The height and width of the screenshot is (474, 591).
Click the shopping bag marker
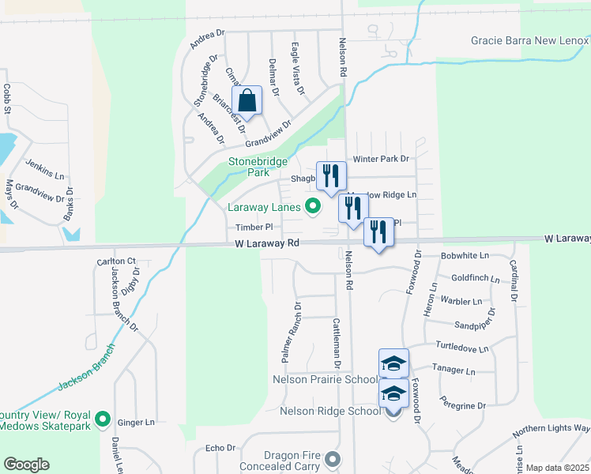tap(247, 101)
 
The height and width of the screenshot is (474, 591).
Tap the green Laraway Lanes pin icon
tap(313, 208)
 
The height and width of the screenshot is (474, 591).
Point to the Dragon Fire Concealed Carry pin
tap(333, 459)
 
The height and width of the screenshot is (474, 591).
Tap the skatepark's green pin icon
tap(102, 418)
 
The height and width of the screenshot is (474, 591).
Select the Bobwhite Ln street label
tap(465, 256)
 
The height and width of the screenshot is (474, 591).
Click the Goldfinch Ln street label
tap(476, 279)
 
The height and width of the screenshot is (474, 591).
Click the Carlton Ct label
tap(116, 261)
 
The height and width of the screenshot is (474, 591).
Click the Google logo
tap(26, 465)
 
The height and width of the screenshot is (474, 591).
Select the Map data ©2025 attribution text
tap(557, 468)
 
